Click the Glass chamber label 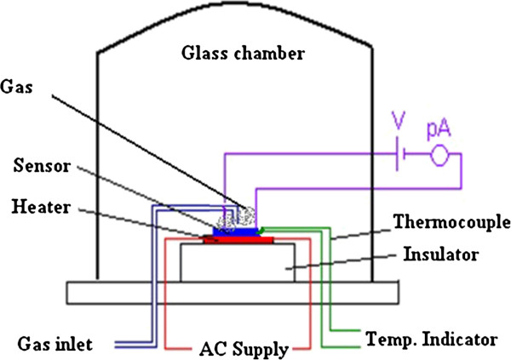(243, 53)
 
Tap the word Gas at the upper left (16, 87)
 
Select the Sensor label (42, 165)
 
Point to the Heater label (41, 207)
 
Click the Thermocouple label (452, 223)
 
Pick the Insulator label (441, 254)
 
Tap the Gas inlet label (55, 344)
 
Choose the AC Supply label (244, 350)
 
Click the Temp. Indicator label (432, 340)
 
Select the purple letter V (399, 120)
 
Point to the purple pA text (439, 129)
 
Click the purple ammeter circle (439, 156)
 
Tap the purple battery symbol (400, 154)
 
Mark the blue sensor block (235, 231)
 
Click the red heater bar (238, 240)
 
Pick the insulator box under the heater (238, 262)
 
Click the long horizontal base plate (233, 293)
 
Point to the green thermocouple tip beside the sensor (260, 231)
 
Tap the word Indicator (460, 340)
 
